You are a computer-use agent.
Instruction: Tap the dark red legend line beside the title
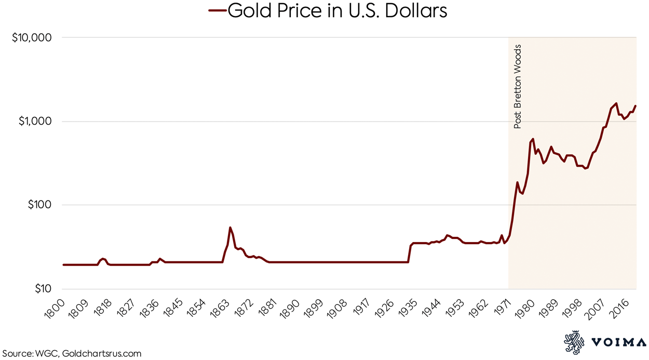coord(217,10)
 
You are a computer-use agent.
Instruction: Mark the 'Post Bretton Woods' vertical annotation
coord(517,87)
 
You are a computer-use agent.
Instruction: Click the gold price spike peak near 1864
coord(230,228)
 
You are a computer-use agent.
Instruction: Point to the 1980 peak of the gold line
coord(533,139)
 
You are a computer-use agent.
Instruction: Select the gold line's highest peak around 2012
coord(616,103)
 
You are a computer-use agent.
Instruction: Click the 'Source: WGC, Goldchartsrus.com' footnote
coord(71,354)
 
